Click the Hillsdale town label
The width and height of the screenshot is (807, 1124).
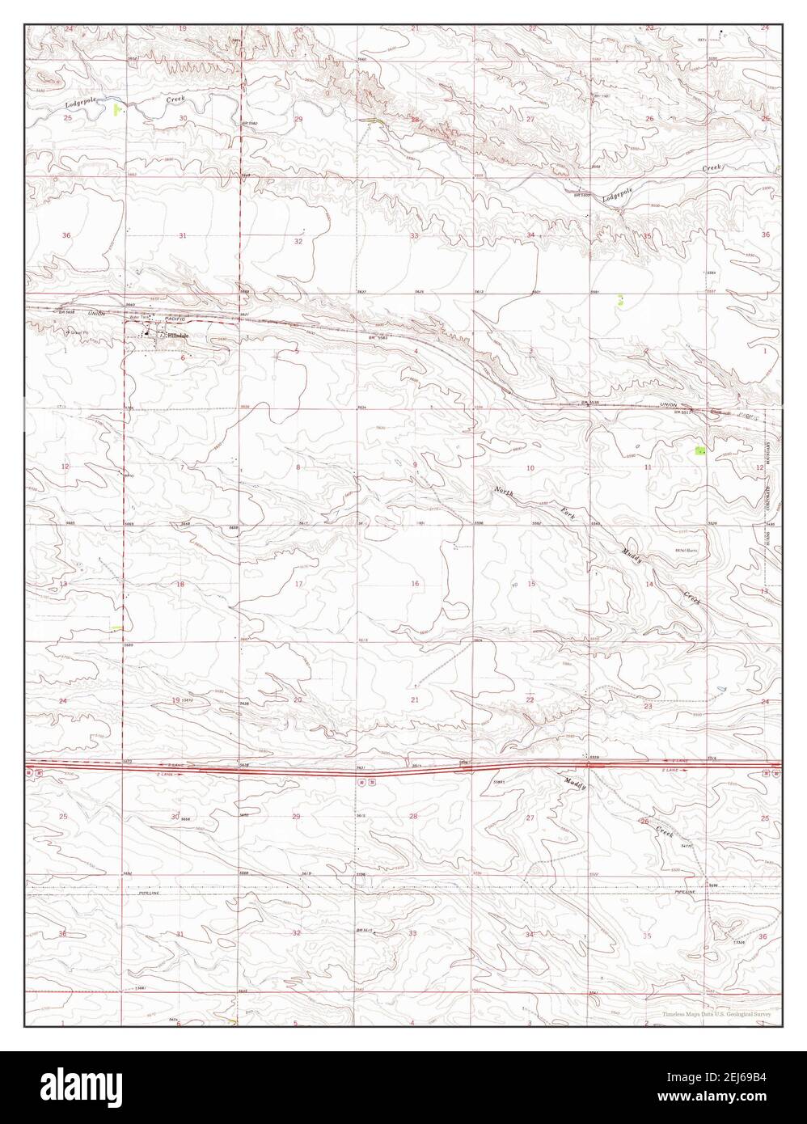178,335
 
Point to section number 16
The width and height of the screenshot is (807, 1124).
415,584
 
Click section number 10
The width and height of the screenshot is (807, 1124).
530,468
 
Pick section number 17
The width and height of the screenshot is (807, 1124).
298,584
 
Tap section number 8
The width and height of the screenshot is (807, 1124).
298,467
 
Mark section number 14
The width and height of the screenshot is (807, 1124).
649,584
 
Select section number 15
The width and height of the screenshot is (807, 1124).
531,584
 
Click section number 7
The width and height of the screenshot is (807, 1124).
183,467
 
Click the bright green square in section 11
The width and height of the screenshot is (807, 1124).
700,450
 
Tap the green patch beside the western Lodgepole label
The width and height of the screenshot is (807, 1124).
118,108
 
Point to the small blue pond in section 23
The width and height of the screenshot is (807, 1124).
720,689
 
